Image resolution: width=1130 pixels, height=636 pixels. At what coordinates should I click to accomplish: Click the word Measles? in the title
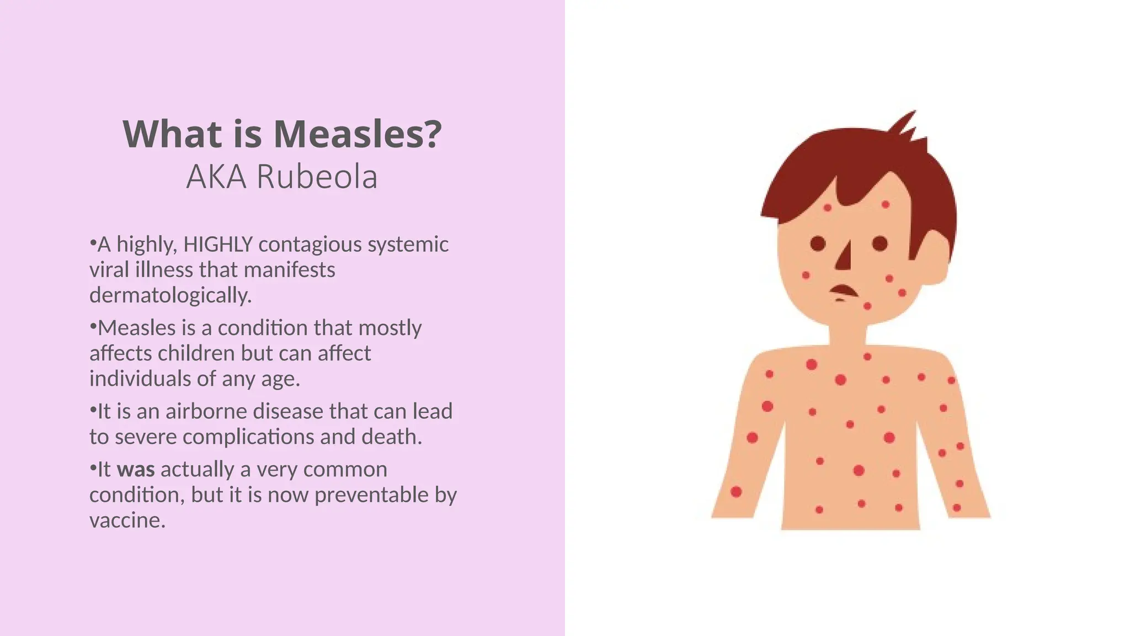358,134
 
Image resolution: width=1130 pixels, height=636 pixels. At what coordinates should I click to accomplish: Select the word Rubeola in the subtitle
317,177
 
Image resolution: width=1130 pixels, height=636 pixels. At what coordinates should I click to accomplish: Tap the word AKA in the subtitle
216,177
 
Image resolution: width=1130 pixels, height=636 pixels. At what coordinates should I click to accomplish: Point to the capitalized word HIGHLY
218,244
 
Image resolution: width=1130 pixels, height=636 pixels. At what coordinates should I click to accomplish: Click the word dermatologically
170,295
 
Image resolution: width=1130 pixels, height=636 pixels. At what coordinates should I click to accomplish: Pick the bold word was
136,469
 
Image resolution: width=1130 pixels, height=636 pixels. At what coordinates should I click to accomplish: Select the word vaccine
127,520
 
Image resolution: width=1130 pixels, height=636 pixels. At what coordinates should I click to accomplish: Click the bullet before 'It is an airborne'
93,410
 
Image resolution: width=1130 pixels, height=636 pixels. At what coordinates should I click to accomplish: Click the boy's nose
844,257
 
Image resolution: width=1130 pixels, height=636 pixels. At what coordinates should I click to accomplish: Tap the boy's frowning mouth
843,291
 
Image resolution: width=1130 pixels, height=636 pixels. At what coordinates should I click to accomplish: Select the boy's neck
847,337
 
